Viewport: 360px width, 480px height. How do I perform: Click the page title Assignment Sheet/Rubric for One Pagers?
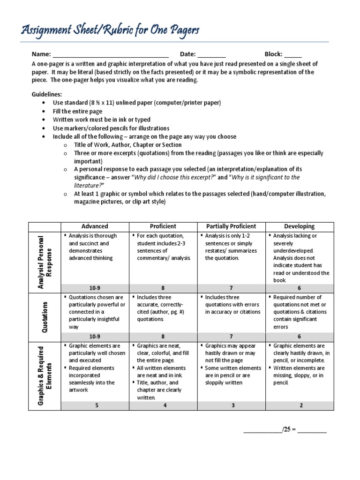click(110, 30)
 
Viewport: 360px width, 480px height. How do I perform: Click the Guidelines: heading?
click(47, 94)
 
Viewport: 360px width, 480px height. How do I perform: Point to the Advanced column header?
click(95, 226)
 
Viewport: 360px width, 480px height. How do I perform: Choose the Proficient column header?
click(163, 226)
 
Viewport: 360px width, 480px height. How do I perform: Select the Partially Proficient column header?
click(232, 226)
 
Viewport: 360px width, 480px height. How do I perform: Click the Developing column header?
click(300, 226)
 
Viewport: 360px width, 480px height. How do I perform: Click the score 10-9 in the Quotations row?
click(95, 336)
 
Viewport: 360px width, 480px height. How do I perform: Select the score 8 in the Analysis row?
click(163, 287)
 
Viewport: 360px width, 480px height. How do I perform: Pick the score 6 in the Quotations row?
click(300, 336)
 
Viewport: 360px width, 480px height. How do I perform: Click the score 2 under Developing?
click(300, 405)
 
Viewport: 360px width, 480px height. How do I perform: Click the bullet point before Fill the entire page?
click(44, 111)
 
